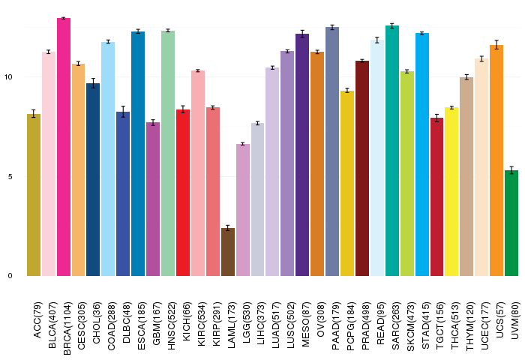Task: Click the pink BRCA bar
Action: pos(64,147)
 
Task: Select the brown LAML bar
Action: pos(228,252)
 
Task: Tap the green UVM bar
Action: pos(511,223)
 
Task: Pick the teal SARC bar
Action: pos(392,151)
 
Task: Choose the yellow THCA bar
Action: pos(451,192)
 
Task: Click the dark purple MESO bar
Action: pos(302,155)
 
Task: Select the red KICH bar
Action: pos(183,193)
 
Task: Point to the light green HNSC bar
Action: pos(168,154)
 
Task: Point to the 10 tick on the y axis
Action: pos(8,77)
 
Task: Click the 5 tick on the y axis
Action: pos(10,176)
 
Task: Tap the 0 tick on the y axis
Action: pos(10,276)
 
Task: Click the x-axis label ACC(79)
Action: pos(37,320)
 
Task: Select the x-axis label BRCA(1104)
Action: pos(67,328)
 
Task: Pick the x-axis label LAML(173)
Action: pos(232,325)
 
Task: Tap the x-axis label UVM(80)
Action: pos(515,320)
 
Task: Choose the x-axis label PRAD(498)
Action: pos(366,325)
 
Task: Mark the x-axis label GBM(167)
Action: pos(157,323)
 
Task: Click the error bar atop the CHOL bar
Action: pos(93,83)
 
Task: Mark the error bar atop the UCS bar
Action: pos(496,44)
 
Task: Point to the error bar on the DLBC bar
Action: pos(123,112)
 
